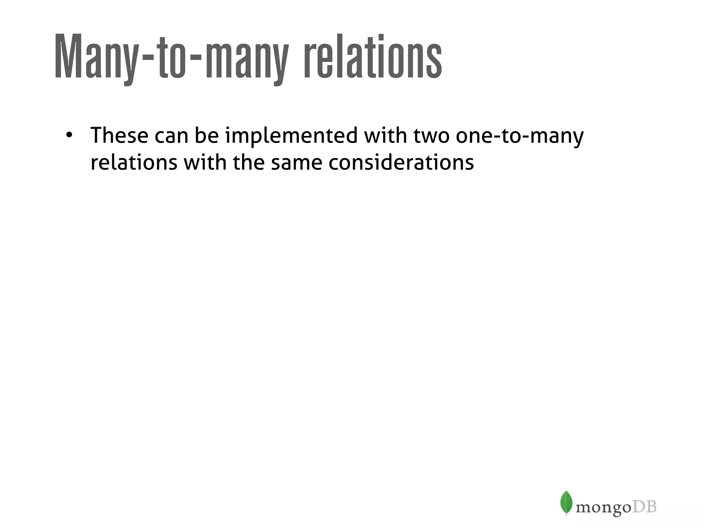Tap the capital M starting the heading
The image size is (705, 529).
coord(69,57)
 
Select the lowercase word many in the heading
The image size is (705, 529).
coord(246,59)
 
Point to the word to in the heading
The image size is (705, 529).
coord(170,57)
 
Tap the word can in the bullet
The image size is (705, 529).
coord(171,136)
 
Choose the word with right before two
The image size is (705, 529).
coord(385,135)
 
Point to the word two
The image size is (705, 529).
coord(431,136)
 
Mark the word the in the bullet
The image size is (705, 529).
coord(249,163)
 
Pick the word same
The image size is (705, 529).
coord(296,163)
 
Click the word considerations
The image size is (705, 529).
coord(401,163)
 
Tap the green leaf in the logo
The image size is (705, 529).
coord(566,502)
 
